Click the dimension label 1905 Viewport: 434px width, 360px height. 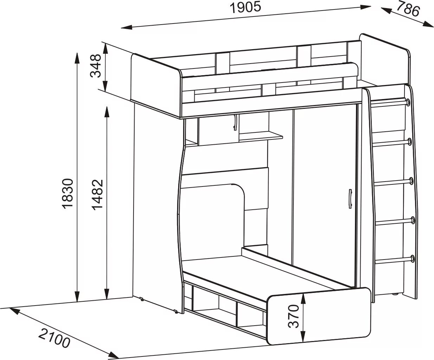(x=246, y=8)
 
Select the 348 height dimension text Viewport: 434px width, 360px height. (x=95, y=65)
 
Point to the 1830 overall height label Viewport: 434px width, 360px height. (x=67, y=194)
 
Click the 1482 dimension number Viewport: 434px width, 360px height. (x=97, y=194)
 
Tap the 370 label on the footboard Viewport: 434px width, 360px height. (x=294, y=316)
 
